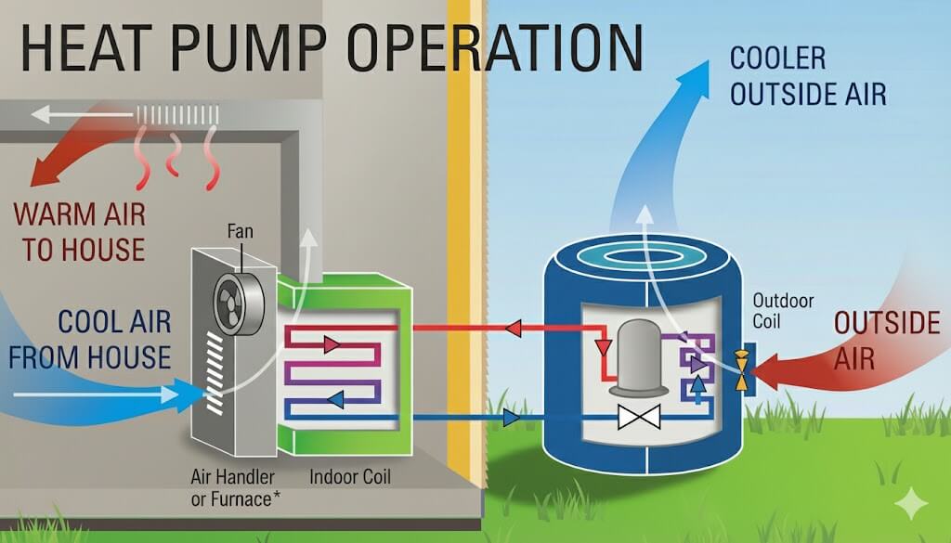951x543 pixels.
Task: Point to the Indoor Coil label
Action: (x=349, y=477)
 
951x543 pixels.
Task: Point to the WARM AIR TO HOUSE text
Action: (x=79, y=231)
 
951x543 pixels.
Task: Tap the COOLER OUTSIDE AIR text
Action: (x=807, y=75)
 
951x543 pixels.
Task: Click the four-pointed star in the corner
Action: (x=911, y=501)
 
